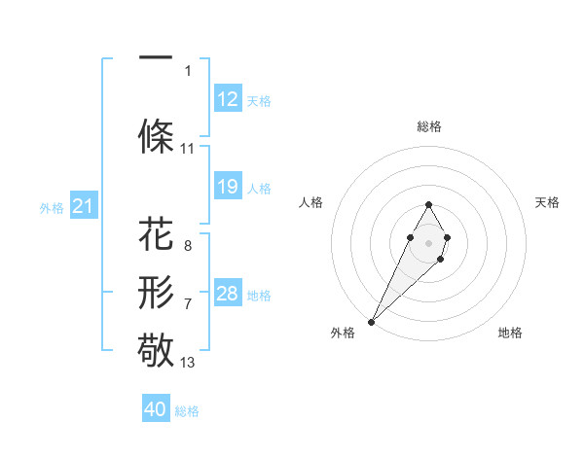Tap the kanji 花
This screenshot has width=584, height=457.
(156, 235)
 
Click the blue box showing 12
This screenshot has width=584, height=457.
(228, 99)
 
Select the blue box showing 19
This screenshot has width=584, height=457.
(228, 187)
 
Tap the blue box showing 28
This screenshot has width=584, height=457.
(228, 294)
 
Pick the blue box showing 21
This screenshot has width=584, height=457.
(83, 206)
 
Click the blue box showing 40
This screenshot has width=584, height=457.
(156, 409)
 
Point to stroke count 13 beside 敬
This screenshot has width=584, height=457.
(188, 363)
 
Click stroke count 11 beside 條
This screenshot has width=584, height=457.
(188, 149)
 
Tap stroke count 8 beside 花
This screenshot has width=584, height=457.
(188, 246)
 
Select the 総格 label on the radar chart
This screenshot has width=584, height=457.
(428, 126)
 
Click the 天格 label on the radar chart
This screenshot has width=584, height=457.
(548, 202)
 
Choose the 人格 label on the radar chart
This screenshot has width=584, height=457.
(310, 202)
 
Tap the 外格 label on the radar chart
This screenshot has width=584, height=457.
(343, 333)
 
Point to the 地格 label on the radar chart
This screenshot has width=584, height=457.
(510, 333)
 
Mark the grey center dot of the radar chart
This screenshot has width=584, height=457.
(428, 241)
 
